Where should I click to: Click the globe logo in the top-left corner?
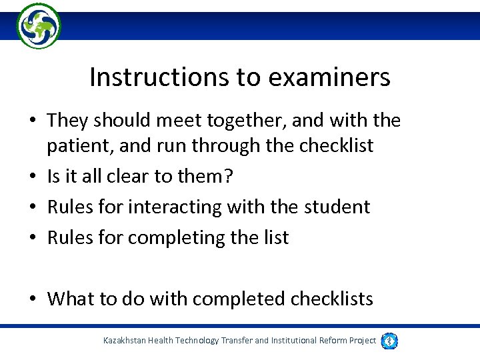(x=39, y=25)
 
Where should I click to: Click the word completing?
(x=175, y=237)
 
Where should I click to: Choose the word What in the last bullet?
(x=71, y=299)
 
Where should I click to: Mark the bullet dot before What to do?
(x=33, y=299)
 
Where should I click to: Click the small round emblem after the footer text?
(x=390, y=341)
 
